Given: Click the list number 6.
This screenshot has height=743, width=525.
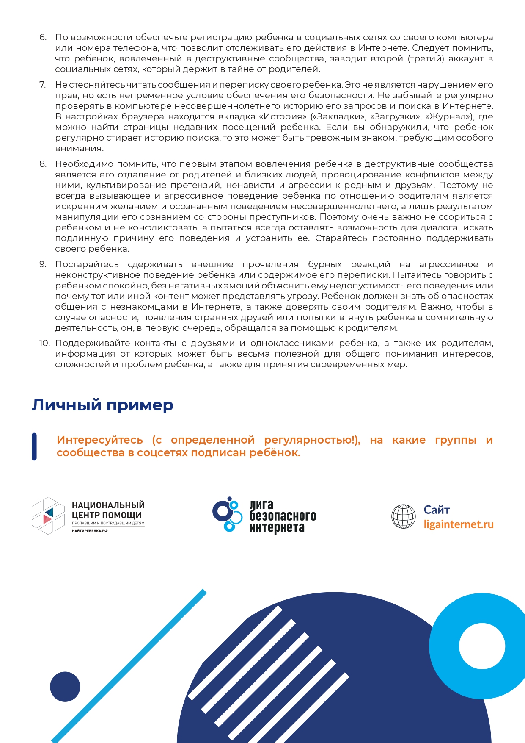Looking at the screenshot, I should click(43, 38).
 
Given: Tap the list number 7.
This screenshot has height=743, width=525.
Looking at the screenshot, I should click(42, 85).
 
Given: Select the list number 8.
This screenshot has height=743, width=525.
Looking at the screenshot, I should click(43, 164).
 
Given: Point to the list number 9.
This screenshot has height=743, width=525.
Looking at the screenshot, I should click(43, 264).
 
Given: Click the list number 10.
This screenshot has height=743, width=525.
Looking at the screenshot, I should click(44, 343).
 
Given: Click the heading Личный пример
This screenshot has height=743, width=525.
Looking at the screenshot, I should click(102, 405).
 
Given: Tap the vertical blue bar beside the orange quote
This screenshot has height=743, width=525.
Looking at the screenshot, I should click(34, 446).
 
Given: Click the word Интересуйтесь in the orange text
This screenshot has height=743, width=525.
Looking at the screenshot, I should click(100, 440).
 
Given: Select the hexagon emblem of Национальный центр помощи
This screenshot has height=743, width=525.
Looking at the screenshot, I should click(48, 516).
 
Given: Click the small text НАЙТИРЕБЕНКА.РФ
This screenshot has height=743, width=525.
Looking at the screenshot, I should click(89, 531).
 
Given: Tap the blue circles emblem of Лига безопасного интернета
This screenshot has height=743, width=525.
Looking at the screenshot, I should click(227, 514).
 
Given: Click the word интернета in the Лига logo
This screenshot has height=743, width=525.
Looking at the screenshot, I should click(277, 528).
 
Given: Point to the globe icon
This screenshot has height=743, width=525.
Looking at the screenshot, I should click(404, 516).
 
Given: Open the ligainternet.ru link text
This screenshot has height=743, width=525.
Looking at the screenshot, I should click(459, 524).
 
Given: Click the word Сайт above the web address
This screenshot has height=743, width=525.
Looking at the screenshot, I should click(437, 510).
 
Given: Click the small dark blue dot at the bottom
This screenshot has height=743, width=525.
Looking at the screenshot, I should click(65, 686).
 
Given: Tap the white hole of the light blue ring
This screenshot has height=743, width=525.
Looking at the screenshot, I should click(482, 646).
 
